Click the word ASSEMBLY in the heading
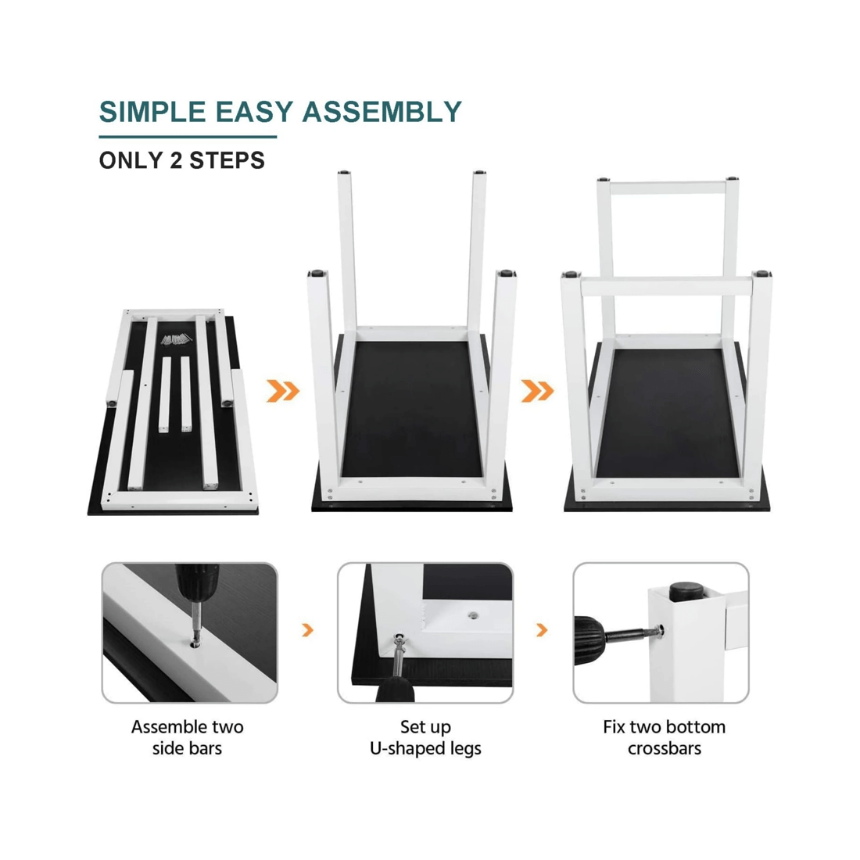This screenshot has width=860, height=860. (382, 112)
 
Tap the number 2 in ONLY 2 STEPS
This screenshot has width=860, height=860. (175, 161)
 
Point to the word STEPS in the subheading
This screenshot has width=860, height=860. (227, 161)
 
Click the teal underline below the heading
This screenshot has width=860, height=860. (188, 137)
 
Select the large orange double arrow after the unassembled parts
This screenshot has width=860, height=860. (283, 391)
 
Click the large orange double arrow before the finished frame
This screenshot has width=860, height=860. (538, 391)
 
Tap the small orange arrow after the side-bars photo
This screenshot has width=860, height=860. (308, 630)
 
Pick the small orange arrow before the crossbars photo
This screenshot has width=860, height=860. (542, 630)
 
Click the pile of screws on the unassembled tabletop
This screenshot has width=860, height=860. (177, 339)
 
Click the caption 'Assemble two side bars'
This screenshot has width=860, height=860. (187, 738)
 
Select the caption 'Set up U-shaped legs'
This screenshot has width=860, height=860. (425, 738)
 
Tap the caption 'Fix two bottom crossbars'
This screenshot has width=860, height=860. (665, 738)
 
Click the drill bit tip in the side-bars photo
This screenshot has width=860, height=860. (195, 639)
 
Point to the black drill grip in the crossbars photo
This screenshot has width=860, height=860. (589, 640)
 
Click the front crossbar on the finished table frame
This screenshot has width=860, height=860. (667, 287)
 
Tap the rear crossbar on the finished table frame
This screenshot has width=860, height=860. (667, 188)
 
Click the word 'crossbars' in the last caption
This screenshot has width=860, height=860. (665, 749)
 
